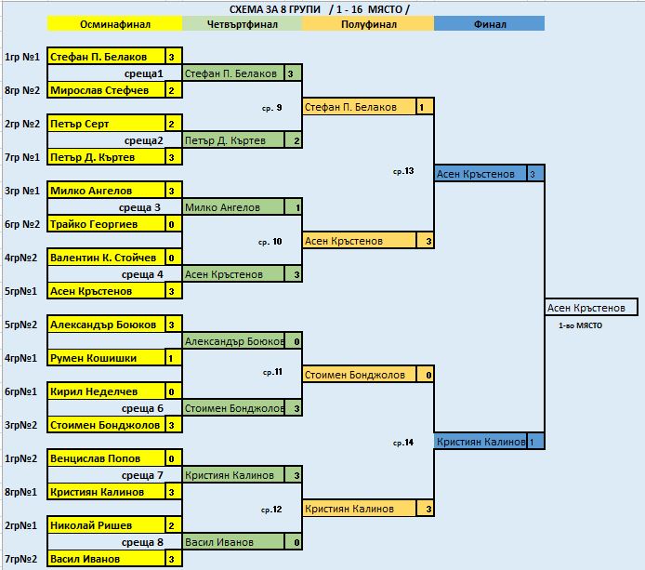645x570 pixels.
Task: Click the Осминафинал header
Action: [114, 24]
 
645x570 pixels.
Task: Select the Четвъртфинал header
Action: [243, 24]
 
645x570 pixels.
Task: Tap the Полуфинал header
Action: [368, 24]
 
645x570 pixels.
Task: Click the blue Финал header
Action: [489, 24]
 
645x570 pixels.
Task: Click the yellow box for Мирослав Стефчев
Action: [107, 90]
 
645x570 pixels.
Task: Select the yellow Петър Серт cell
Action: [107, 124]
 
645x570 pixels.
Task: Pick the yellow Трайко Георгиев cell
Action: [107, 224]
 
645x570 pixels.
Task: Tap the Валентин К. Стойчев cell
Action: [107, 258]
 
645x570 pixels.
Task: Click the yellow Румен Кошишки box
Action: [107, 358]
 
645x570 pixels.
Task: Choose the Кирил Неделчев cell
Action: [107, 391]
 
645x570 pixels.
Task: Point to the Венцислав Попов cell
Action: [107, 458]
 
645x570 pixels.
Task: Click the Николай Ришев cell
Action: [107, 525]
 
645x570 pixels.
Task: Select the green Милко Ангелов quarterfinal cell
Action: [233, 207]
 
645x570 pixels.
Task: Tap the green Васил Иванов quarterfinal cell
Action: [233, 542]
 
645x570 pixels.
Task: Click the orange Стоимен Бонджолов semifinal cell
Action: [359, 375]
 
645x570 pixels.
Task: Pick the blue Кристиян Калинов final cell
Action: [480, 442]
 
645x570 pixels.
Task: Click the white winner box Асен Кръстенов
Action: [591, 308]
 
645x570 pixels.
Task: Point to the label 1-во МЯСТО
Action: [581, 325]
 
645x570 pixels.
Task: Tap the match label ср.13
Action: [403, 171]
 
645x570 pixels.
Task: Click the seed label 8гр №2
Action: [22, 90]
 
